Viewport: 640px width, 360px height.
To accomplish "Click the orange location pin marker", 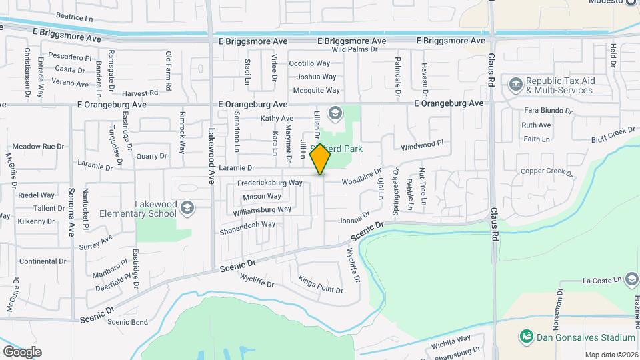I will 321,159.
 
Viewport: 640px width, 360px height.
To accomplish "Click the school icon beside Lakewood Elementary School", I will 187,208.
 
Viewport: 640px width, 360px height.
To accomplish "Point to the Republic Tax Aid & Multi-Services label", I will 561,85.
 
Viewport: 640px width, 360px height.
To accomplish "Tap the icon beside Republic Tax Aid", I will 515,84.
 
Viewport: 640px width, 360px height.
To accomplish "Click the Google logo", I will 22,351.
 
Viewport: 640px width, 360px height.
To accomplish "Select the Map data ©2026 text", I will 611,354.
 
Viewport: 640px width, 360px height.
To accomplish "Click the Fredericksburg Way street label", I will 270,183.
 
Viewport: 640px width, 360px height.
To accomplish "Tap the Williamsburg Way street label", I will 263,209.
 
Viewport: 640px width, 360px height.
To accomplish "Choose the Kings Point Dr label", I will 320,285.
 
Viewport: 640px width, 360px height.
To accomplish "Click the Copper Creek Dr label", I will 547,171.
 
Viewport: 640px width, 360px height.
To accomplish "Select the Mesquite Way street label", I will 317,90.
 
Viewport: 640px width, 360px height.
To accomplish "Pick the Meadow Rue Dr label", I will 38,146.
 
